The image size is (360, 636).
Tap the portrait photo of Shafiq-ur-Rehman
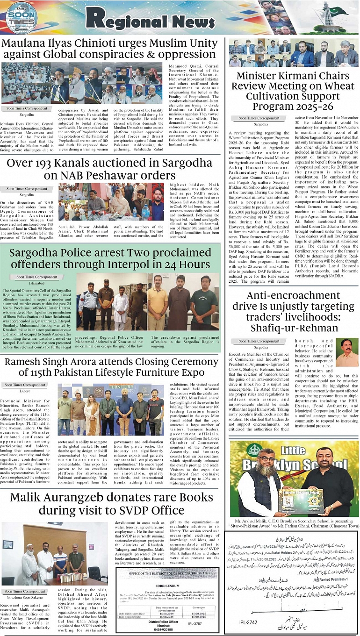(x=346, y=351)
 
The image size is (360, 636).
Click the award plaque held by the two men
(x=293, y=500)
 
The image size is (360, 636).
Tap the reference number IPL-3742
(x=248, y=622)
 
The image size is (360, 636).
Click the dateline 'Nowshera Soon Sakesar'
(x=23, y=597)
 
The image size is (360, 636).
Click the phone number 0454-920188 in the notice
(x=164, y=629)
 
